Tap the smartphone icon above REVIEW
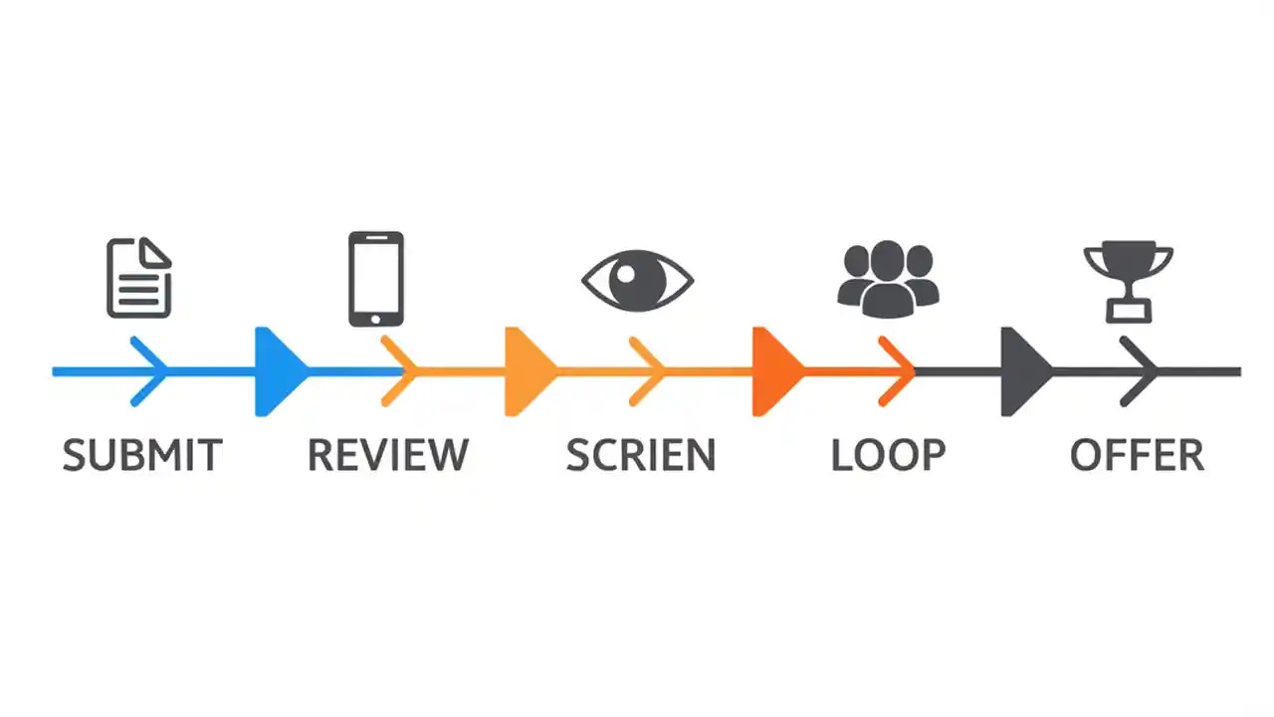click(375, 278)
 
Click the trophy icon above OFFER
click(1128, 279)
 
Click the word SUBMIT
click(142, 455)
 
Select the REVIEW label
click(387, 455)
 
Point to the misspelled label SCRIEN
click(640, 455)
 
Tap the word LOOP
click(888, 455)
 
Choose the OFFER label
click(1137, 455)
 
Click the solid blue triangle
click(276, 371)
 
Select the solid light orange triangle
click(525, 371)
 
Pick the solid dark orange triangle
click(772, 371)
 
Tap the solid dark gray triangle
click(1021, 371)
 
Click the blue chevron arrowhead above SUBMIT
click(152, 371)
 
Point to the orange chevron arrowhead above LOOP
click(899, 371)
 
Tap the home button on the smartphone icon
click(375, 319)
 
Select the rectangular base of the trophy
click(1128, 313)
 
